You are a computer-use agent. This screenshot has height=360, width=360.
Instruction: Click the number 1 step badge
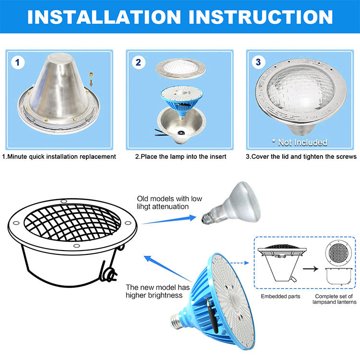(18, 62)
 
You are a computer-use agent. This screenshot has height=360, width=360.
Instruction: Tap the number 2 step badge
(138, 62)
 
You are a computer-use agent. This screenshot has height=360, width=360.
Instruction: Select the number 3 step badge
(258, 62)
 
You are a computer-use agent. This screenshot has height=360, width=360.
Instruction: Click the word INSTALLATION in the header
(104, 17)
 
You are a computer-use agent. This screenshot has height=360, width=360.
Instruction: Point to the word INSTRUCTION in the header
(261, 17)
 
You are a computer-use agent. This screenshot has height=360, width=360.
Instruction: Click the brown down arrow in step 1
(91, 83)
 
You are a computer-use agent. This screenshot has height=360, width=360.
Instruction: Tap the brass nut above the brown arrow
(91, 74)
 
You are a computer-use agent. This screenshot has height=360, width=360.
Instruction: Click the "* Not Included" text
(300, 143)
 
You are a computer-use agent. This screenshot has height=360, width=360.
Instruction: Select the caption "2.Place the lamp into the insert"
(180, 156)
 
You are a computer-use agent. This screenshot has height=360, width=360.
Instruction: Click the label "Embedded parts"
(281, 297)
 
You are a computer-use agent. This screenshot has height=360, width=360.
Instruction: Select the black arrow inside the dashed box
(311, 269)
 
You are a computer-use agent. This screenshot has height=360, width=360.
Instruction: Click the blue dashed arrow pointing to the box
(240, 263)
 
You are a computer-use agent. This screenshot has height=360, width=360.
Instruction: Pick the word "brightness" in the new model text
(165, 295)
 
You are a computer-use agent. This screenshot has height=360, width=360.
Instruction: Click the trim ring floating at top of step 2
(180, 69)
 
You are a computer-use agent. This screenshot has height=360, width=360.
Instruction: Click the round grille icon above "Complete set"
(338, 253)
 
